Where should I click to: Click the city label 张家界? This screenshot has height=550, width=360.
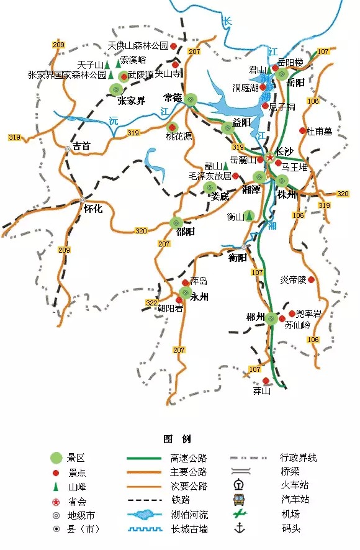[x=131, y=101]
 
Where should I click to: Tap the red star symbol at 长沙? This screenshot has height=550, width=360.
[x=269, y=158]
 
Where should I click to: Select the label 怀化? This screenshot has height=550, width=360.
[x=93, y=209]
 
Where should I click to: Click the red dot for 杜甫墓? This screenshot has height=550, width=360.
[x=303, y=130]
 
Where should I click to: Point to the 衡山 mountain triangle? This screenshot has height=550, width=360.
[x=249, y=215]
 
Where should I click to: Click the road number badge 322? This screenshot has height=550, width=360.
[x=151, y=302]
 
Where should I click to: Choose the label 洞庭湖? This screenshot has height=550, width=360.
[x=245, y=88]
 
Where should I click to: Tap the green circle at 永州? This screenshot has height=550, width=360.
[x=185, y=292]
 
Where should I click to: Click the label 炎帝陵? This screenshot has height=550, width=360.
[x=293, y=280]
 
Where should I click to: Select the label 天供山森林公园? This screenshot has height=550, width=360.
[x=138, y=46]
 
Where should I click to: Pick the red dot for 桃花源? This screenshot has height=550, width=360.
[x=173, y=127]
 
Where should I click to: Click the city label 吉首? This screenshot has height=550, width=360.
[x=82, y=147]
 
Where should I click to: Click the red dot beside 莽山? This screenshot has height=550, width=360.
[x=266, y=381]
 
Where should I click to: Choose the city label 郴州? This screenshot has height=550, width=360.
[x=256, y=319]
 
